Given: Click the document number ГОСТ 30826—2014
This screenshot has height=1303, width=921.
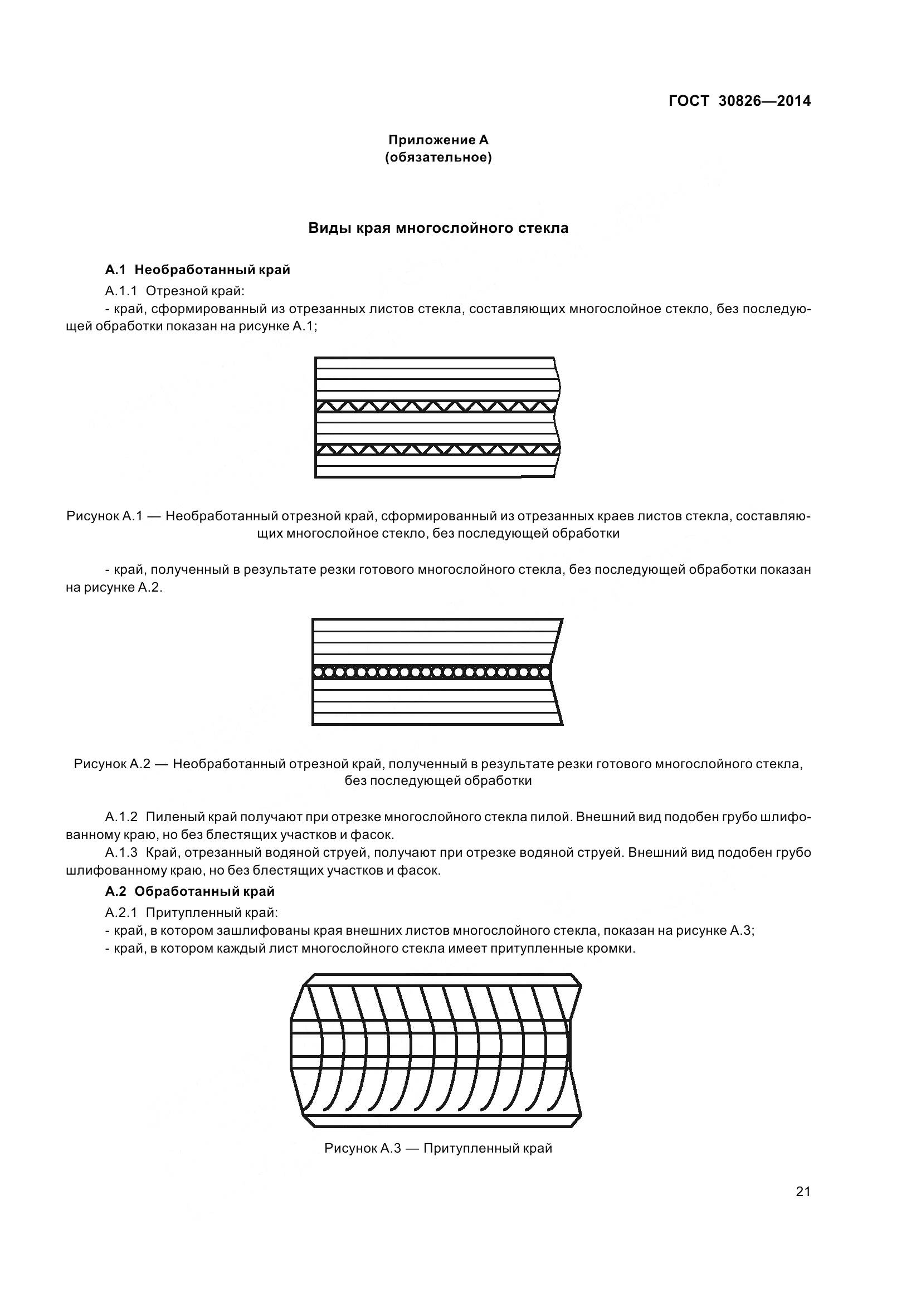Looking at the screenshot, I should coord(739,101).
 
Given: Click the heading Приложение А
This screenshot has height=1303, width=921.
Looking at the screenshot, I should coord(438,140).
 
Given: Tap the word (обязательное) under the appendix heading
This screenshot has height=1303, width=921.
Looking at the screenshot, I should coord(438,157).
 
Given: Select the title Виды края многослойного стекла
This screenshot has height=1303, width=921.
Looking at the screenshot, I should coord(438,228).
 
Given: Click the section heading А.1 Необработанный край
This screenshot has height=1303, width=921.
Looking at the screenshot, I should coord(197,270).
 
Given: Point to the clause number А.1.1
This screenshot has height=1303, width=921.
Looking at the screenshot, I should coord(121,291).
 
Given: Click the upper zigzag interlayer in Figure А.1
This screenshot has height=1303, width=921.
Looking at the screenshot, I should coord(436,406).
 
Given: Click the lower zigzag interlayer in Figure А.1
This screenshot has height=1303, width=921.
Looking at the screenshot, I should coord(436,450).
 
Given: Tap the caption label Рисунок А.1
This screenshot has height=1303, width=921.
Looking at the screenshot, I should coord(104,516).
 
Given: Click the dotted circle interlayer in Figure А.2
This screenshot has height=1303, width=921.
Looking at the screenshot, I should coord(431,672).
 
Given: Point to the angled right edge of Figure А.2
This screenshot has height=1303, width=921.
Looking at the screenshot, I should coord(557,641).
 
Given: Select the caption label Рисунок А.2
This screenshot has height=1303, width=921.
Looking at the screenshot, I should coord(112,764).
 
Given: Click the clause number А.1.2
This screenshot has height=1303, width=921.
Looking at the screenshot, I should coord(121,817).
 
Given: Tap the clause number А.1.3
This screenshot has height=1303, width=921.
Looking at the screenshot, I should coord(121,853).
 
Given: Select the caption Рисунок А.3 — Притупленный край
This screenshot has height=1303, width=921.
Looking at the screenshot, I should coord(438,1149).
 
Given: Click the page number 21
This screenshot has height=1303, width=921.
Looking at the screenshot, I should coord(803,1207).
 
